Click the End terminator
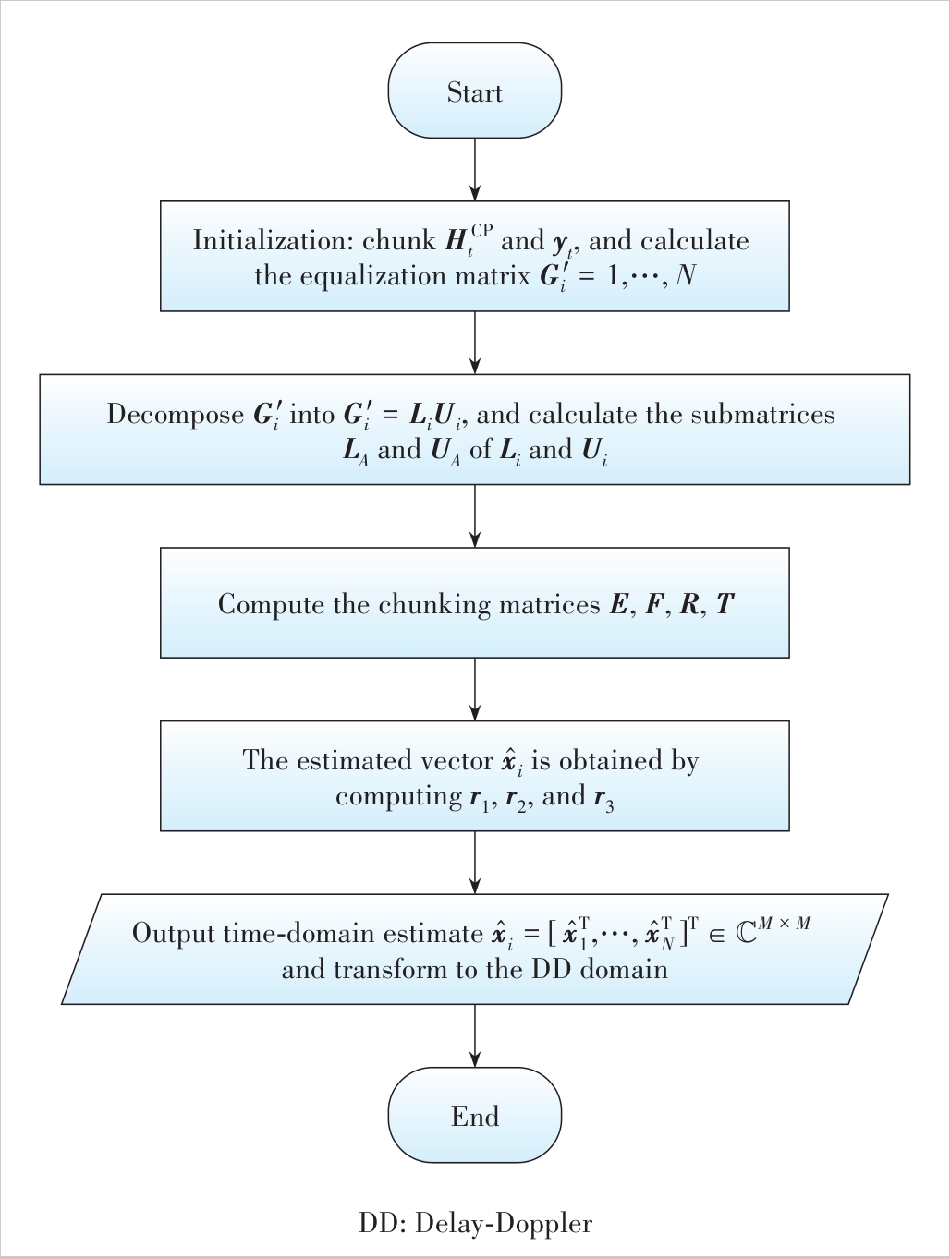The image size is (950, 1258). [x=474, y=1115]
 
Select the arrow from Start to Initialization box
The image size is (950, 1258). [x=475, y=169]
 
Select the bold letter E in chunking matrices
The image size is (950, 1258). [x=616, y=604]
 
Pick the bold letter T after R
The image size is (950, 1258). [x=725, y=604]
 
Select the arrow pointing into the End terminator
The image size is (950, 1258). [x=475, y=1035]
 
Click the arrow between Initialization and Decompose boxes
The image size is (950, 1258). [x=475, y=342]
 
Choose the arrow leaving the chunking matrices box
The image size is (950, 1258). [x=475, y=688]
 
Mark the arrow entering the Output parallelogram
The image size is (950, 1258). [x=475, y=862]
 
